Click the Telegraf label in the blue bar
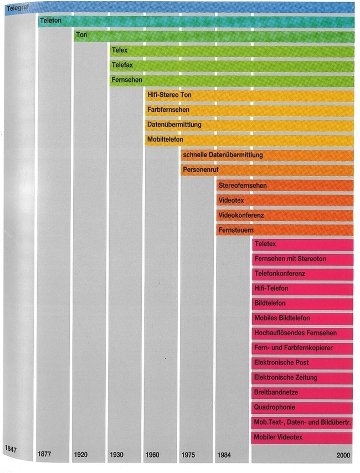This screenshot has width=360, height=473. (x=17, y=8)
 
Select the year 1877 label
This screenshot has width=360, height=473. (x=46, y=455)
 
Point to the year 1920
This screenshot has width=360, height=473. (x=81, y=455)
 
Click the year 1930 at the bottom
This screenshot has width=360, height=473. (x=117, y=455)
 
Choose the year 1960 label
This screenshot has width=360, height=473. (x=152, y=455)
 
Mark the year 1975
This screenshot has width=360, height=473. (x=188, y=455)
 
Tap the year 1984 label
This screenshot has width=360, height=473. (x=224, y=455)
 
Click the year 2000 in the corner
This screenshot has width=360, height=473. (x=344, y=455)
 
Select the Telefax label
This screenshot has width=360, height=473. (x=122, y=65)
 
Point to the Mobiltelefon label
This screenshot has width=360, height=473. (x=165, y=140)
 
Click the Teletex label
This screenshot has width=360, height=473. (x=265, y=244)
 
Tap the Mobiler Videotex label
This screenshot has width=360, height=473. (x=278, y=438)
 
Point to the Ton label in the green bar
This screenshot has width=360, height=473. (x=82, y=35)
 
